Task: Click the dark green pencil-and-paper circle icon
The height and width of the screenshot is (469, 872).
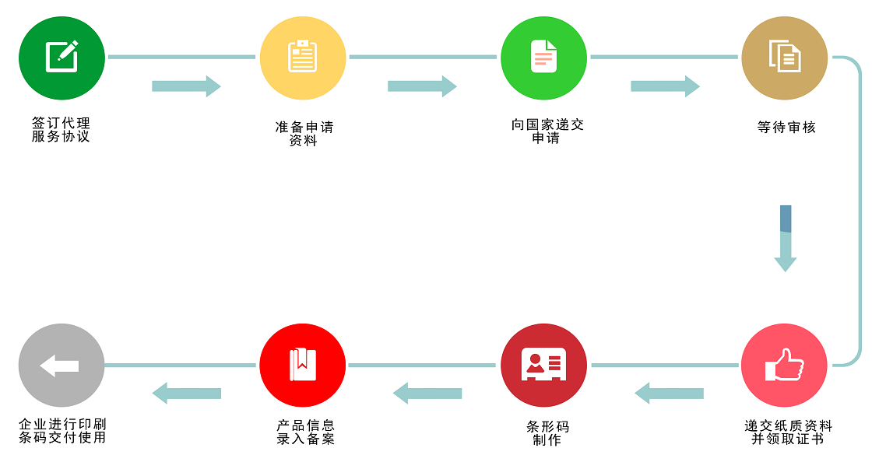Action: pos(62,58)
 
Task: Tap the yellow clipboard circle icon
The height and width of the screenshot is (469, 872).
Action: pos(302,58)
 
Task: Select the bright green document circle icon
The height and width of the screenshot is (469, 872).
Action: pos(543,58)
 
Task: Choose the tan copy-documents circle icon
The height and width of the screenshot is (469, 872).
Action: pos(784,58)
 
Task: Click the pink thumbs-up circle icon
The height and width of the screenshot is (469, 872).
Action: pos(784,365)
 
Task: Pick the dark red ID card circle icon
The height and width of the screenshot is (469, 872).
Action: pos(543,365)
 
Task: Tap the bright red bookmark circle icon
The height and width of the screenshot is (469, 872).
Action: pos(302,365)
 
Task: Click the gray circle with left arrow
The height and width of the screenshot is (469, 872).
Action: pos(62,365)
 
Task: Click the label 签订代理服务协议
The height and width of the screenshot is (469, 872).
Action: pos(62,130)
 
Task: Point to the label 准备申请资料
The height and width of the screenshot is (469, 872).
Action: pos(304,134)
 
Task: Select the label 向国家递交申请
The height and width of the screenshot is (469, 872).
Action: pos(547,131)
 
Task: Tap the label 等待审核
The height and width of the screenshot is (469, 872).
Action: pos(786,127)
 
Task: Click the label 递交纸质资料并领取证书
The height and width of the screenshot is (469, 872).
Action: pos(788,432)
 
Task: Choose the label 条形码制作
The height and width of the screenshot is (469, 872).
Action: pos(547,433)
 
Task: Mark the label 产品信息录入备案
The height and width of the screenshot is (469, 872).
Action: pos(305,432)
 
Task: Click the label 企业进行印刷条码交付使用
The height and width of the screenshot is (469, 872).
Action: pos(62,431)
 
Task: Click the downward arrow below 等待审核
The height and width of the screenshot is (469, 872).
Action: pos(785,239)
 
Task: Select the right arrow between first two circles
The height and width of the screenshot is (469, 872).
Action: pos(186,86)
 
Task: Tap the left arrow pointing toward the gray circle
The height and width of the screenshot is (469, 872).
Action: pos(186,393)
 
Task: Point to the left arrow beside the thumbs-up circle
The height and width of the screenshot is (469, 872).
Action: pos(669,393)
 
